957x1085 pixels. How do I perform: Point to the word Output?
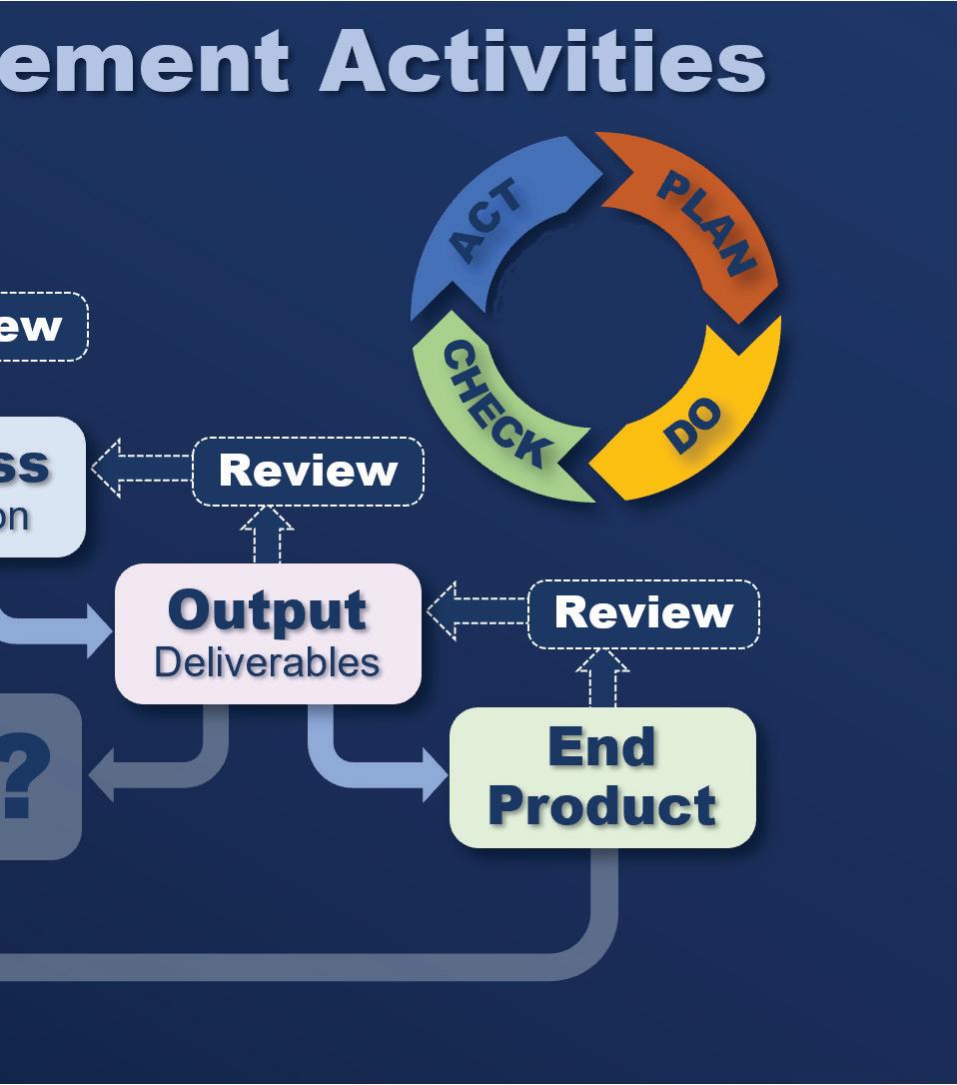(x=268, y=610)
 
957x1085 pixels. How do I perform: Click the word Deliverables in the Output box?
(x=268, y=662)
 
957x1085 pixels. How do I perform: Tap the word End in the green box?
(x=602, y=747)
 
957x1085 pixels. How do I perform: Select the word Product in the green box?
(x=602, y=805)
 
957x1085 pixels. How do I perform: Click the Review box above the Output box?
(x=308, y=471)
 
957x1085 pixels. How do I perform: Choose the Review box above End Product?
(x=643, y=613)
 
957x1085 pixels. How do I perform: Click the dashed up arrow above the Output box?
(x=267, y=535)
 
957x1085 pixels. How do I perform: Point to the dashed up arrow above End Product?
(x=602, y=678)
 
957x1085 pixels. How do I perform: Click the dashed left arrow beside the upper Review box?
(x=141, y=468)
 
